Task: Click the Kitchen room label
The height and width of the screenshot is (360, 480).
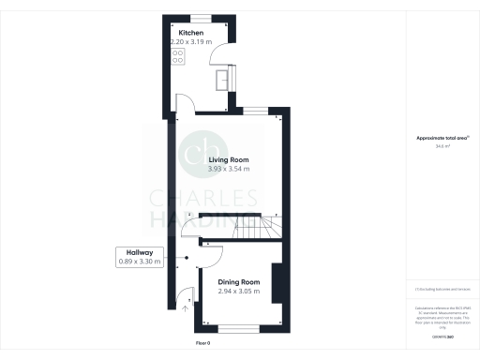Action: pyautogui.click(x=191, y=33)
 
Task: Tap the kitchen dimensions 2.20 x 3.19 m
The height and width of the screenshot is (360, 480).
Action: pyautogui.click(x=191, y=40)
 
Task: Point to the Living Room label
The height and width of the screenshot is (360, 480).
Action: pyautogui.click(x=228, y=160)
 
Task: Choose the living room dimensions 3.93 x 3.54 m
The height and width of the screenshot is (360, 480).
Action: pyautogui.click(x=228, y=169)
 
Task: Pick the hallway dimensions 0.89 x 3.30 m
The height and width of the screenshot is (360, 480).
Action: pyautogui.click(x=139, y=262)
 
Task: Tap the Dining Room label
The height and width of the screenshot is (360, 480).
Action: pyautogui.click(x=238, y=282)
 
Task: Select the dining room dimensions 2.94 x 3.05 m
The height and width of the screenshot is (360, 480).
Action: pyautogui.click(x=238, y=292)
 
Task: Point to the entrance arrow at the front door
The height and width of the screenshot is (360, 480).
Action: pyautogui.click(x=186, y=306)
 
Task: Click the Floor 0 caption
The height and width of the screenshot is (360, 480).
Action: pyautogui.click(x=203, y=344)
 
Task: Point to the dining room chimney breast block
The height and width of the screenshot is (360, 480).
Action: pyautogui.click(x=277, y=286)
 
